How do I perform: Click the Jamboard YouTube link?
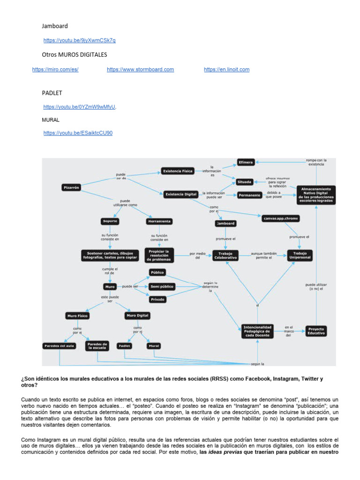click(79, 40)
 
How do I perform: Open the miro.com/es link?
click(55, 69)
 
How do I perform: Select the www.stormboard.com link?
click(140, 69)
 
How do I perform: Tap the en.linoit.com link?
click(226, 69)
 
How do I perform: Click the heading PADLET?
click(52, 93)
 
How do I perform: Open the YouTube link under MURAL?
click(78, 133)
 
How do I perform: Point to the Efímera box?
click(246, 162)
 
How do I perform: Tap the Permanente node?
click(249, 195)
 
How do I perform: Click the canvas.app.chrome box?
click(281, 218)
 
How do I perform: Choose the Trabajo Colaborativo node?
click(226, 255)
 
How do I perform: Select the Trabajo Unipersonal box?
click(300, 255)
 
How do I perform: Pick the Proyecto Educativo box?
click(315, 331)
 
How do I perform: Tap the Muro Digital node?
click(137, 315)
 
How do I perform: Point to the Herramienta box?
click(159, 221)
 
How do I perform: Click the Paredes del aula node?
click(59, 346)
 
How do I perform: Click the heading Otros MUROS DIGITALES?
click(75, 55)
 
